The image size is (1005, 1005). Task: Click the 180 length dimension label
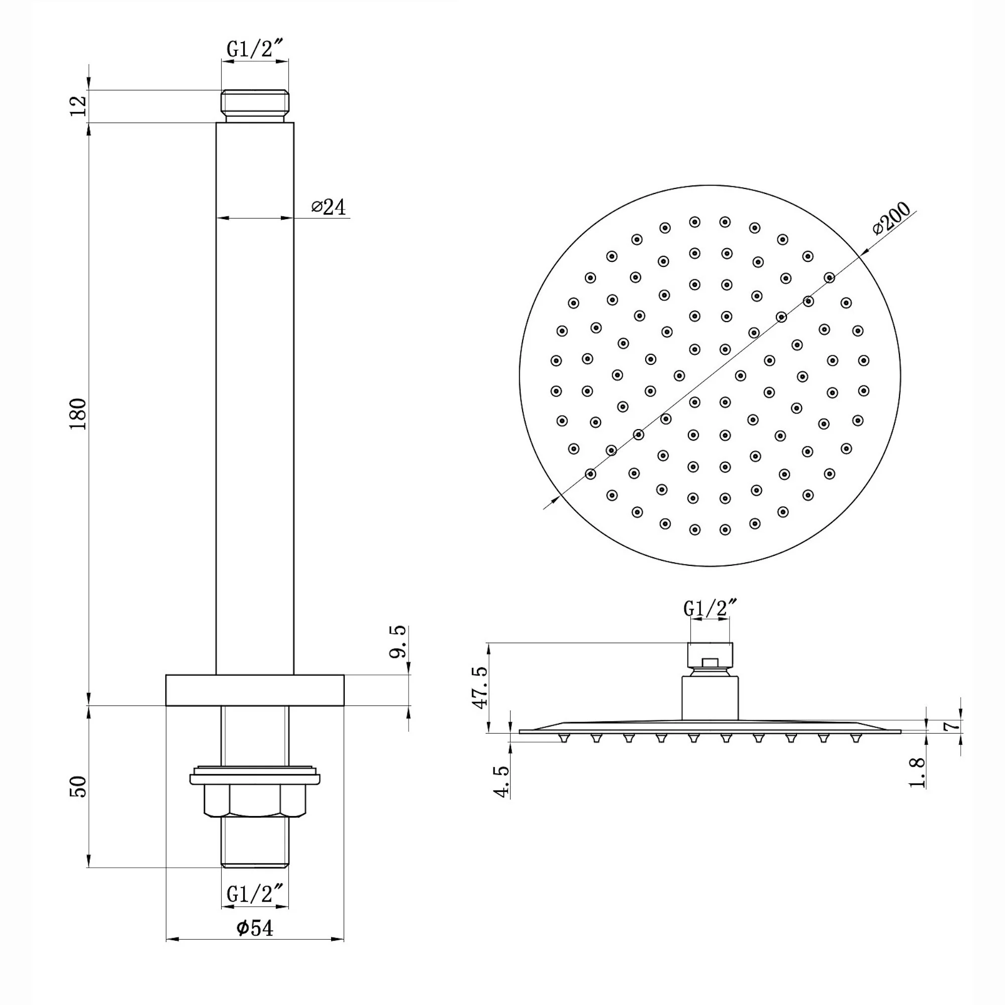tap(78, 414)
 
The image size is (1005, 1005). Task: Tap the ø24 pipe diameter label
tap(328, 207)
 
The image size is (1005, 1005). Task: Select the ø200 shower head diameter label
tap(891, 219)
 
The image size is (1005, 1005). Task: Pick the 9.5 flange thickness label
tap(397, 642)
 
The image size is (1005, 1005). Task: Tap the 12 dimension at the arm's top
tap(78, 107)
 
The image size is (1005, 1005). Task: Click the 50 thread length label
tap(78, 786)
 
